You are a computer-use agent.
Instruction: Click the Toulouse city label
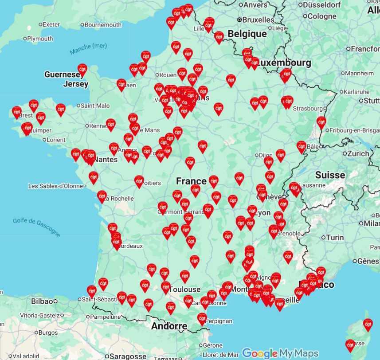(x=185, y=290)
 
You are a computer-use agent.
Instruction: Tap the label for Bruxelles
(x=258, y=20)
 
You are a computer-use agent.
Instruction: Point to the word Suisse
(x=330, y=175)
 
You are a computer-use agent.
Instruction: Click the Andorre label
(x=169, y=326)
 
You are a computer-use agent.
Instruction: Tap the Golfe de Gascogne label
(x=36, y=227)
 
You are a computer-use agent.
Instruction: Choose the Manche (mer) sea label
(x=89, y=49)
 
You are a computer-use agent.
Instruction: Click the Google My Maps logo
(x=280, y=353)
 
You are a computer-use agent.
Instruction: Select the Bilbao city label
(x=43, y=301)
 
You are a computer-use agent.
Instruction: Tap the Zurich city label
(x=358, y=153)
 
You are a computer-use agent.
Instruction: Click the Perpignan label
(x=217, y=320)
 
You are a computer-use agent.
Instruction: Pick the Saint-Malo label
(x=95, y=106)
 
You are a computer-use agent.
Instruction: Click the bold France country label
(x=191, y=181)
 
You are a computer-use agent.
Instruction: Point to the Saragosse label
(x=128, y=356)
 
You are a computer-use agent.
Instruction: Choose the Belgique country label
(x=247, y=34)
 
